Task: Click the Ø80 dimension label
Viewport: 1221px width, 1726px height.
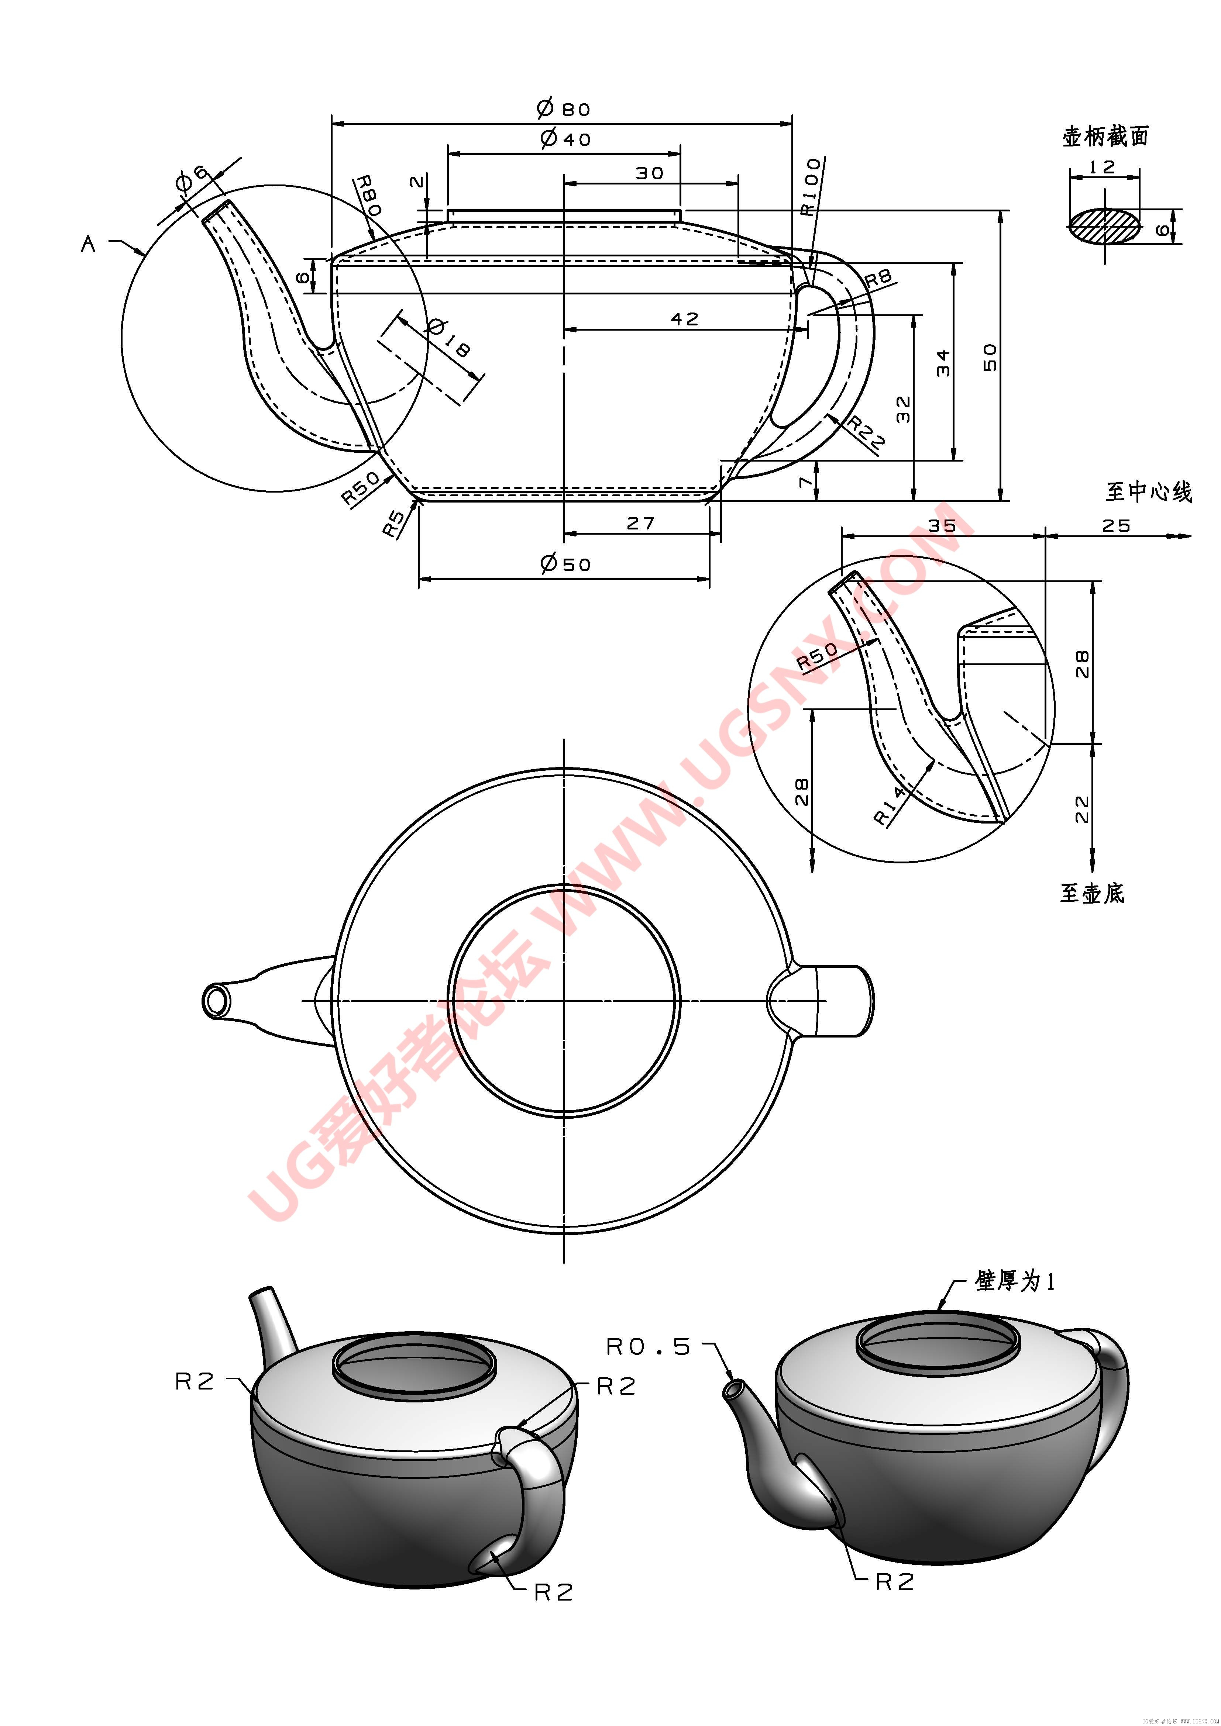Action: click(x=564, y=109)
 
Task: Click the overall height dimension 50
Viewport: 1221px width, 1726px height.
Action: click(x=990, y=357)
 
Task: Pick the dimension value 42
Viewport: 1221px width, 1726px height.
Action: click(x=684, y=320)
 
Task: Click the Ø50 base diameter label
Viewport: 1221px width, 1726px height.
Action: click(x=565, y=564)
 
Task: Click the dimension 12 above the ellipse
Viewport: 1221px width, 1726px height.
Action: click(x=1103, y=167)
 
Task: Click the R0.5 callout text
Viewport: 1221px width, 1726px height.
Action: click(x=648, y=1346)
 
